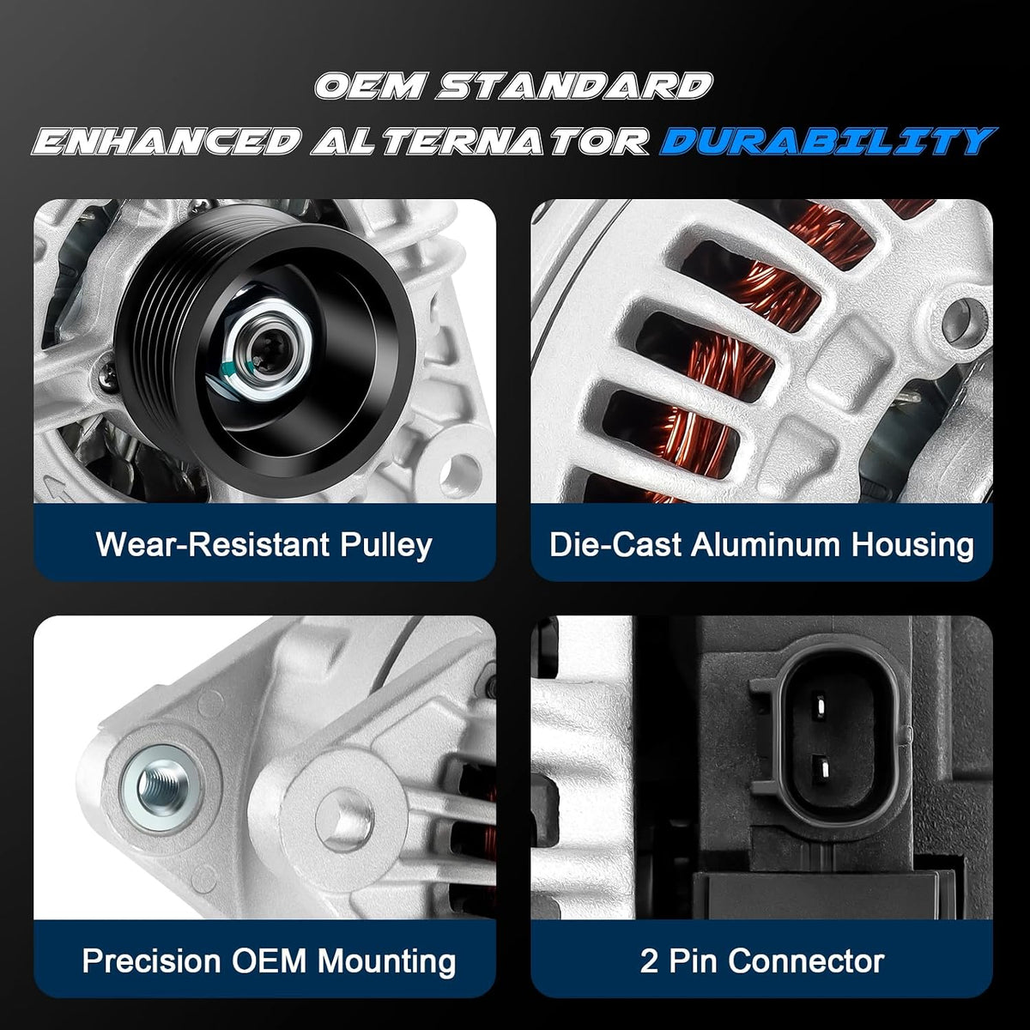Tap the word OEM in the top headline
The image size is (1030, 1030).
371,86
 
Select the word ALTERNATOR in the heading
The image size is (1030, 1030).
480,141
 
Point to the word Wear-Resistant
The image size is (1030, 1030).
213,544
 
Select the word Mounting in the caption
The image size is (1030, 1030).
387,961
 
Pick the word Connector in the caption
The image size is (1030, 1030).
805,960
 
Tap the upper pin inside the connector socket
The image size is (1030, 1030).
818,706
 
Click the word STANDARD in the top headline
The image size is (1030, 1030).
574,86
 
